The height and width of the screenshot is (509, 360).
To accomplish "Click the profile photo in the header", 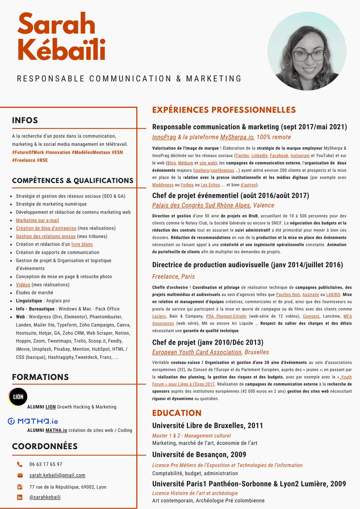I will point(307,51).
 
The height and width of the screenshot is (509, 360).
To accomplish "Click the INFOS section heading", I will point(25,120).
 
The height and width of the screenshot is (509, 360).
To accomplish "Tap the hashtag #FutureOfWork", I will point(28,152).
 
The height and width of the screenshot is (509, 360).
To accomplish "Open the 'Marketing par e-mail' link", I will point(37,220).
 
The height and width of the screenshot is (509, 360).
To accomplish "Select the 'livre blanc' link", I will point(82,244).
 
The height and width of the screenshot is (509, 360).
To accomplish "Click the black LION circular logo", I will point(18,397).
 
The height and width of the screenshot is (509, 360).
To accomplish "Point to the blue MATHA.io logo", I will point(33,421).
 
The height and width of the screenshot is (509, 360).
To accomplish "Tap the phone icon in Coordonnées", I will point(20,464).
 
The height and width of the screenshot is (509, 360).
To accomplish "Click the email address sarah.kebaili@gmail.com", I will point(57,475).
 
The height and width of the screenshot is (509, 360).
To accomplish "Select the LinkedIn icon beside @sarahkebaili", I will point(20,497).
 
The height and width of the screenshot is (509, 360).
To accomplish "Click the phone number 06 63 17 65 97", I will point(46,464).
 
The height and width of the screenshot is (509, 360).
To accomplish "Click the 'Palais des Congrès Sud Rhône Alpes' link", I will point(201,205).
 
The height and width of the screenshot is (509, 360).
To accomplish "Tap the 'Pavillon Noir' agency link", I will point(288,294).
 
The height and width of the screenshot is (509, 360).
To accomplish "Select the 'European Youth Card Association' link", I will point(197,352).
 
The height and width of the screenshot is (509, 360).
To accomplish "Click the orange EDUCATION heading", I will point(177,413).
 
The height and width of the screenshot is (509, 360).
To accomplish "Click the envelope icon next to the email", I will point(20,475).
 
